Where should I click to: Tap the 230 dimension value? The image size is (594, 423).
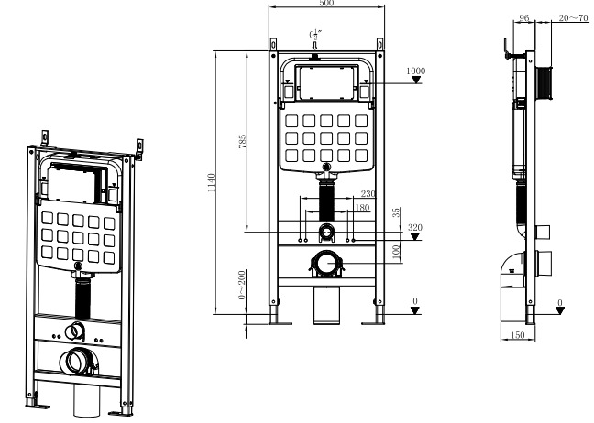pos(368,193)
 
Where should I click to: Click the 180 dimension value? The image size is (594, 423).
pos(361,208)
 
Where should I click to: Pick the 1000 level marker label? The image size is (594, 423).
pos(416,70)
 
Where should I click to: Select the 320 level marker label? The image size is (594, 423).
pos(415,227)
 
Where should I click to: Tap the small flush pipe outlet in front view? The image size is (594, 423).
pos(326,232)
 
